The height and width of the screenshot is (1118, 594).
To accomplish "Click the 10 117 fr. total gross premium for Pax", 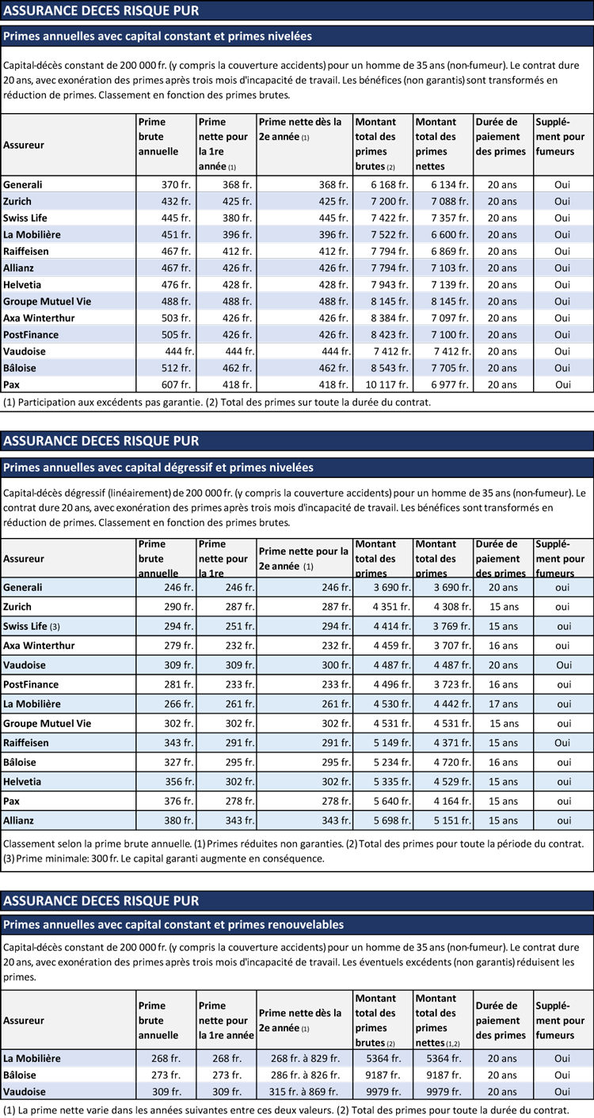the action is pos(386,385).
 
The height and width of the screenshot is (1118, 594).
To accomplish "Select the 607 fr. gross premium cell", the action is pos(176,385).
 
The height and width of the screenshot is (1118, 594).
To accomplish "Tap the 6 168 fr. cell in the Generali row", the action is pos(389,184).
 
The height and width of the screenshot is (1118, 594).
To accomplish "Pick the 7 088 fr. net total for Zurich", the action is pos(450,202).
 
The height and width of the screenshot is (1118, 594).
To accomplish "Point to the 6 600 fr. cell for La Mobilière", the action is pos(450,234).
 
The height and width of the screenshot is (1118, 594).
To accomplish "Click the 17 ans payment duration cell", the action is pos(503,704).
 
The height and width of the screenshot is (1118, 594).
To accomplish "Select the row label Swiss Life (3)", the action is pos(32,627).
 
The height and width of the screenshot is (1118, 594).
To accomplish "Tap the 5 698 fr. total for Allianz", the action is pos(392,820).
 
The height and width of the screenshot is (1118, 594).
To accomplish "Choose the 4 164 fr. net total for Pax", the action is pos(452,801).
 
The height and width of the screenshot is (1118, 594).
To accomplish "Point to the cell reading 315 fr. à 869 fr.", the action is pos(304,1092).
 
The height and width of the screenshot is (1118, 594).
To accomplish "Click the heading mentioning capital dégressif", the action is pos(158,468).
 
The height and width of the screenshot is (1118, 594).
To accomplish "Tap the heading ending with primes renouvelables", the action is pos(173,925).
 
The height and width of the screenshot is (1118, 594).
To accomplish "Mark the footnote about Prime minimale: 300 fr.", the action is pos(164,859).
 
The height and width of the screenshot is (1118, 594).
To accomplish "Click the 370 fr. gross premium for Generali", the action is pos(176,184).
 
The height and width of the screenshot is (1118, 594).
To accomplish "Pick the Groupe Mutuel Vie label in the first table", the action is pos(47,301).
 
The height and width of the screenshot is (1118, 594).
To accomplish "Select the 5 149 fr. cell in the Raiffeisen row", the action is pos(392,743).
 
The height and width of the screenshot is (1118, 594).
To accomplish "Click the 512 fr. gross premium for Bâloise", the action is pos(176,369).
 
